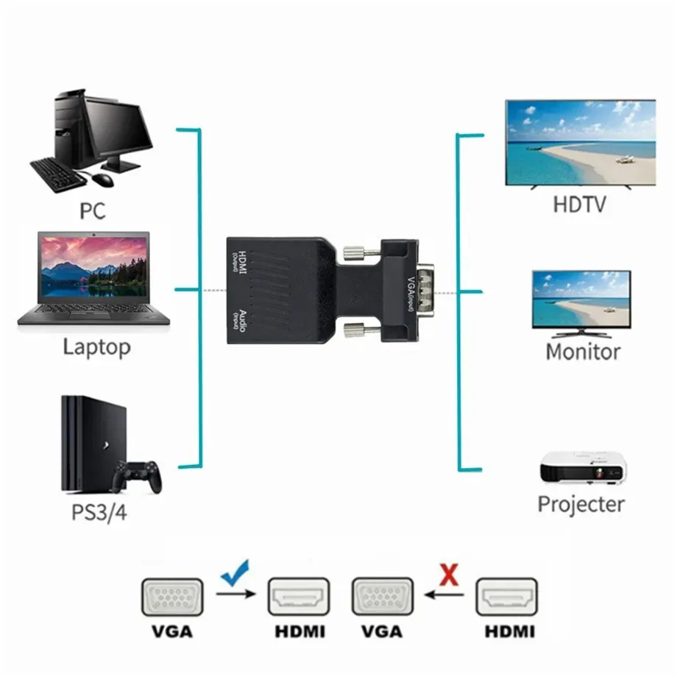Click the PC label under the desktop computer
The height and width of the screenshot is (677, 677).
(x=93, y=210)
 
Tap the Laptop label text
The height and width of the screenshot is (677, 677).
(x=96, y=346)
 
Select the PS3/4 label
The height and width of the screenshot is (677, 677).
(x=99, y=511)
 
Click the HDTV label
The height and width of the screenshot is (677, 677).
(x=580, y=204)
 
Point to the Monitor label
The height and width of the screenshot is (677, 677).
(x=583, y=351)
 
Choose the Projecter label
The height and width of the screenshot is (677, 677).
(x=581, y=504)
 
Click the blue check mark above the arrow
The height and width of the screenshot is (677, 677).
(x=234, y=570)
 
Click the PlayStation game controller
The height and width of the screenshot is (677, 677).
(x=137, y=477)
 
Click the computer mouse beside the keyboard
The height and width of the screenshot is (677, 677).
(x=104, y=179)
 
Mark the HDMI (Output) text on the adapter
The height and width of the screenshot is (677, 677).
(x=238, y=262)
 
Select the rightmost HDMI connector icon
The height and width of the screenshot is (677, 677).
(x=507, y=597)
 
